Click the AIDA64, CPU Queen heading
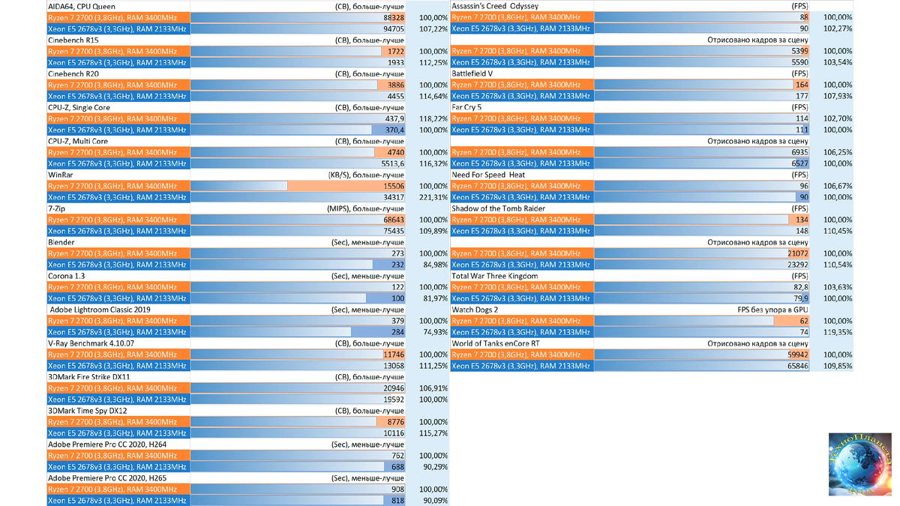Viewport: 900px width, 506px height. point(82,6)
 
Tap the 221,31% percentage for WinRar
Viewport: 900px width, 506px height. point(433,197)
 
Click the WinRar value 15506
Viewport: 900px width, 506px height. point(393,186)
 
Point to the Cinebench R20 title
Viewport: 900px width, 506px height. point(73,73)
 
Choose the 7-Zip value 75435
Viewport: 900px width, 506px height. point(393,231)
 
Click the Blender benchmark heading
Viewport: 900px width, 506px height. point(61,242)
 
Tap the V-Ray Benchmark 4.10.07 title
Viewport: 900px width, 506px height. point(91,343)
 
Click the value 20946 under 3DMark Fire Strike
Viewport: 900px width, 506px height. point(393,388)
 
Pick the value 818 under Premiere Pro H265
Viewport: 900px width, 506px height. point(397,501)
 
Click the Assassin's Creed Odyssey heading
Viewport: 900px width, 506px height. point(494,6)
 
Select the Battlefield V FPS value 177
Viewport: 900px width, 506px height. point(802,96)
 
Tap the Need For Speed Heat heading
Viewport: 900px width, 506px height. point(488,175)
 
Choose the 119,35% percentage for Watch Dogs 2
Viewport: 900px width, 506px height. point(837,332)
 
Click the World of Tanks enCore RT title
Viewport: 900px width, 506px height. point(496,343)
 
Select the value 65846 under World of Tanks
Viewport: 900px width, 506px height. point(796,366)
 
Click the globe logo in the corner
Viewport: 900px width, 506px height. point(859,464)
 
